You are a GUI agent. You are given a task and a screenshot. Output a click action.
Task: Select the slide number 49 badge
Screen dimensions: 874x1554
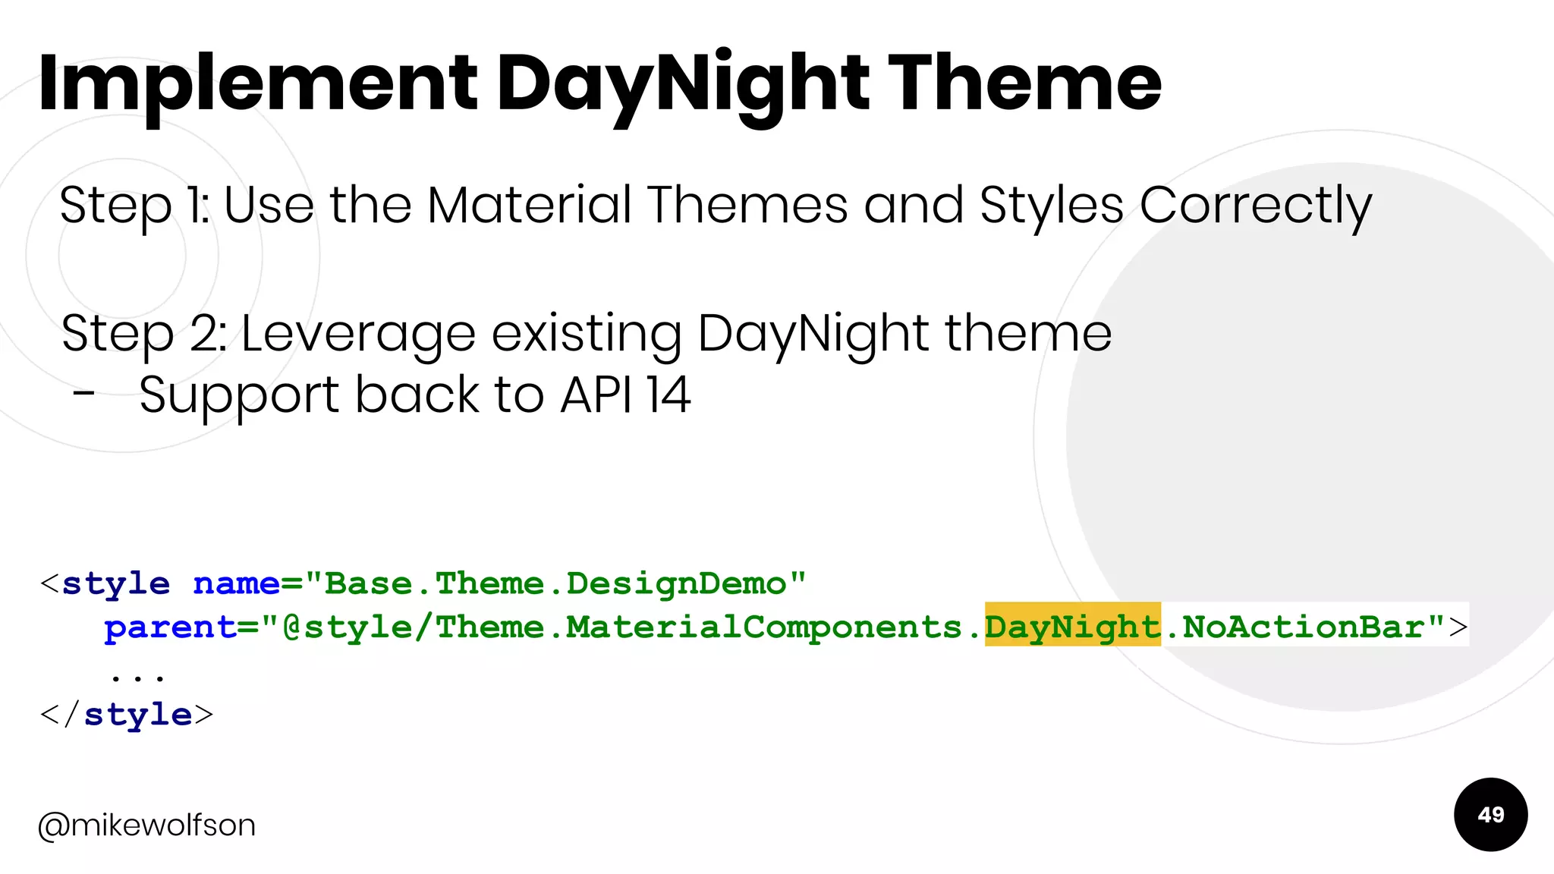[x=1490, y=815]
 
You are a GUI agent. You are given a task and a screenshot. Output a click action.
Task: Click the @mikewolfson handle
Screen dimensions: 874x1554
[x=147, y=825]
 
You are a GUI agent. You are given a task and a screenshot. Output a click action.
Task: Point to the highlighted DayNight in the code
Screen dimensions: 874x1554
[x=1072, y=627]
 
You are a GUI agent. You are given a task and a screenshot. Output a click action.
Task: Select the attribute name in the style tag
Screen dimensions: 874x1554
[x=236, y=583]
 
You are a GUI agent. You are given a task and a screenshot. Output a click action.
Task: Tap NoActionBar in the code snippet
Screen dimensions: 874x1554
[x=1303, y=627]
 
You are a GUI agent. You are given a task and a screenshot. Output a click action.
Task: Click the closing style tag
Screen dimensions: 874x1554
[x=127, y=715]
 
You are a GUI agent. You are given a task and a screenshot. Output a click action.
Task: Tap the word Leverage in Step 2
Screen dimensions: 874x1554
[x=357, y=334]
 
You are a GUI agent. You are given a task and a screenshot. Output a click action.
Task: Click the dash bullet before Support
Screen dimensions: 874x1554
[x=84, y=393]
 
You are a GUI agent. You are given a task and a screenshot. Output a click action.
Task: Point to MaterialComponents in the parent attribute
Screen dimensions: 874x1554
[x=763, y=627]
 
